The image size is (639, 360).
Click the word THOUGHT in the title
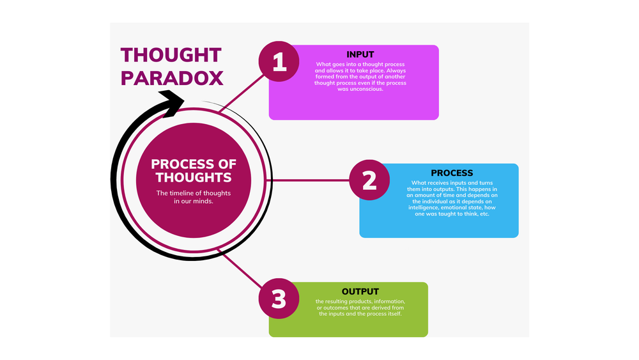click(171, 55)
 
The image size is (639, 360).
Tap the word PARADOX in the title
click(172, 77)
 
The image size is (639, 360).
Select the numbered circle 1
click(279, 61)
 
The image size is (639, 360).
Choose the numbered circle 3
click(279, 299)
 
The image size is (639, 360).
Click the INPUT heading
click(360, 54)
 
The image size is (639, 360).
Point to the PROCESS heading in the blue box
click(452, 173)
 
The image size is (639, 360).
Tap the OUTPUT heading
click(360, 292)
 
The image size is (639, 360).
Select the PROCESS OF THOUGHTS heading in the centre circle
click(194, 170)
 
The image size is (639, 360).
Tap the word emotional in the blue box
click(466, 207)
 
